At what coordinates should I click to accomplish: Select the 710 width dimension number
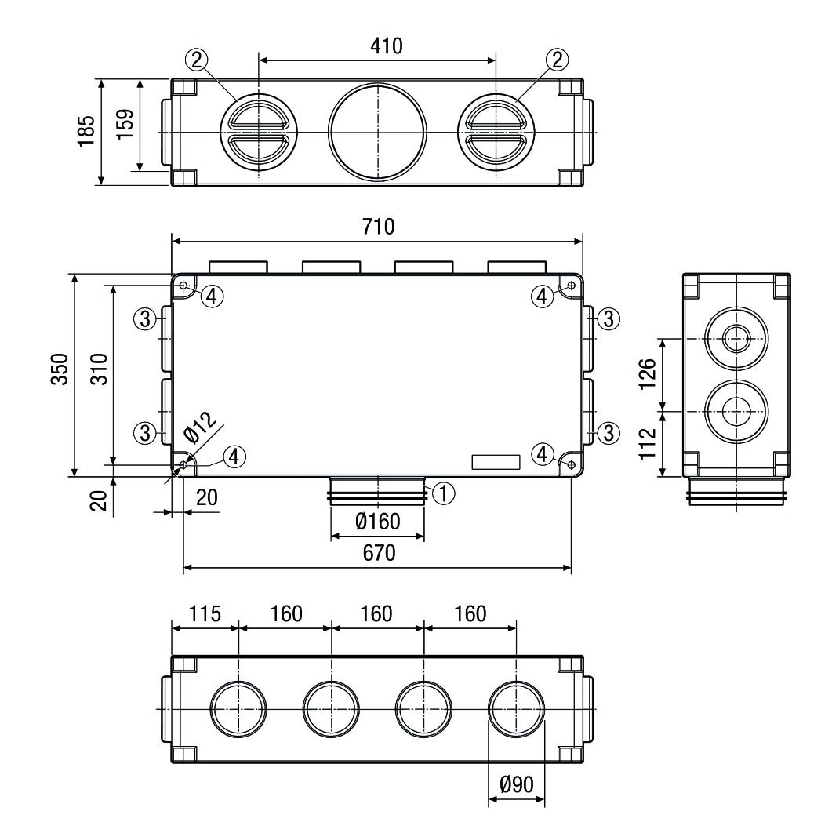[377, 227]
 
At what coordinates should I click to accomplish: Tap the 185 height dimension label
[87, 131]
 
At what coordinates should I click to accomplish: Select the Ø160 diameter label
[377, 520]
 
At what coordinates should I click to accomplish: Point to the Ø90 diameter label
[517, 784]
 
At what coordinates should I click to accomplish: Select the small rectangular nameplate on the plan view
[496, 462]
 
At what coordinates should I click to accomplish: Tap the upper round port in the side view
[736, 340]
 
